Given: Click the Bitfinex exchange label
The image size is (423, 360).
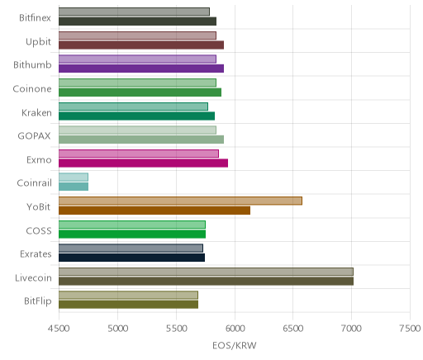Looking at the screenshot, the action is point(35,18).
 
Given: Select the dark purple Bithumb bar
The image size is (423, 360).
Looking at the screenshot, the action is point(141,69).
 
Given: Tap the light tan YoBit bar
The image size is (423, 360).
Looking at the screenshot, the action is point(180,201).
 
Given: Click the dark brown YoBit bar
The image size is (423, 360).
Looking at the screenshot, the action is point(154,211).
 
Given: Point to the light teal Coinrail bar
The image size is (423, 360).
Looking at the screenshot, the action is point(74,178).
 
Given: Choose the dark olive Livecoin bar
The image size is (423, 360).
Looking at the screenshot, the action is point(206,282).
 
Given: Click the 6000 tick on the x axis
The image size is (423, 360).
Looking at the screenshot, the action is point(235,329).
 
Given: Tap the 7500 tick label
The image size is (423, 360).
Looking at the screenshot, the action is point(411,329).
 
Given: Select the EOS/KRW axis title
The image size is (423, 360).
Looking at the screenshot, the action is point(235,345).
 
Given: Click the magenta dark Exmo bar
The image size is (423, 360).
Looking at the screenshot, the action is point(143,163).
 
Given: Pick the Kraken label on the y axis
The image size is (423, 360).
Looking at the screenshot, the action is point(36,113).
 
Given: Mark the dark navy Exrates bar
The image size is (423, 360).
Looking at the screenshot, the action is point(131,258).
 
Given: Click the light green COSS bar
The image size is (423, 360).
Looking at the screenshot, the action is point(132,225).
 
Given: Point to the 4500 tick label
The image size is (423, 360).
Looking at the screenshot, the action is point(59,329).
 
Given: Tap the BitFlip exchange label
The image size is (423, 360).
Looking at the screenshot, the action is point(38,301).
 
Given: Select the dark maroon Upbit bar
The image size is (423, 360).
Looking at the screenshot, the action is point(141,45).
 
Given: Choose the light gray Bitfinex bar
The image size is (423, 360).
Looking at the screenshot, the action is point(134,12).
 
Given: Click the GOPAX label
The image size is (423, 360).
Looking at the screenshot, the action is point(35,136).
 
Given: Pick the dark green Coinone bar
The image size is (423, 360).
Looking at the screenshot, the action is point(140,92).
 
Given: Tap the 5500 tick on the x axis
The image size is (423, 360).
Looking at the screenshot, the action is point(176,329).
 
